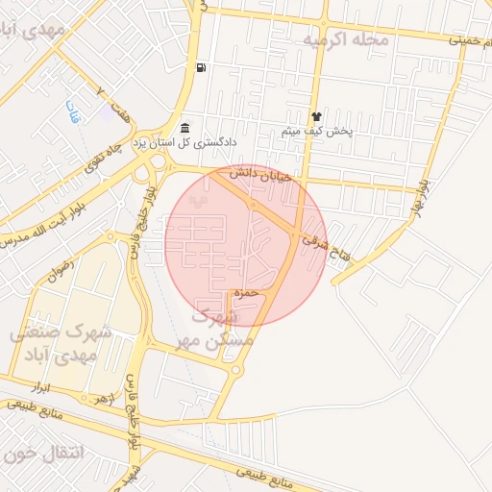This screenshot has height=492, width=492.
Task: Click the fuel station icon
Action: pos(200,67)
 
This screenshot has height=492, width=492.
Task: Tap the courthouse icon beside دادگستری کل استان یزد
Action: pos(184,129)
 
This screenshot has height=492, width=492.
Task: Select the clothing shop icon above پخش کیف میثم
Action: pos(316,115)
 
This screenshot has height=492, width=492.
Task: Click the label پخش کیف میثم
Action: pos(318,131)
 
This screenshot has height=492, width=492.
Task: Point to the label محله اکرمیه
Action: pos(346,40)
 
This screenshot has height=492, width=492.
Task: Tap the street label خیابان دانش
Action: pos(253,174)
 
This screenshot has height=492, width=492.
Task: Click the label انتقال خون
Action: pos(43,452)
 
